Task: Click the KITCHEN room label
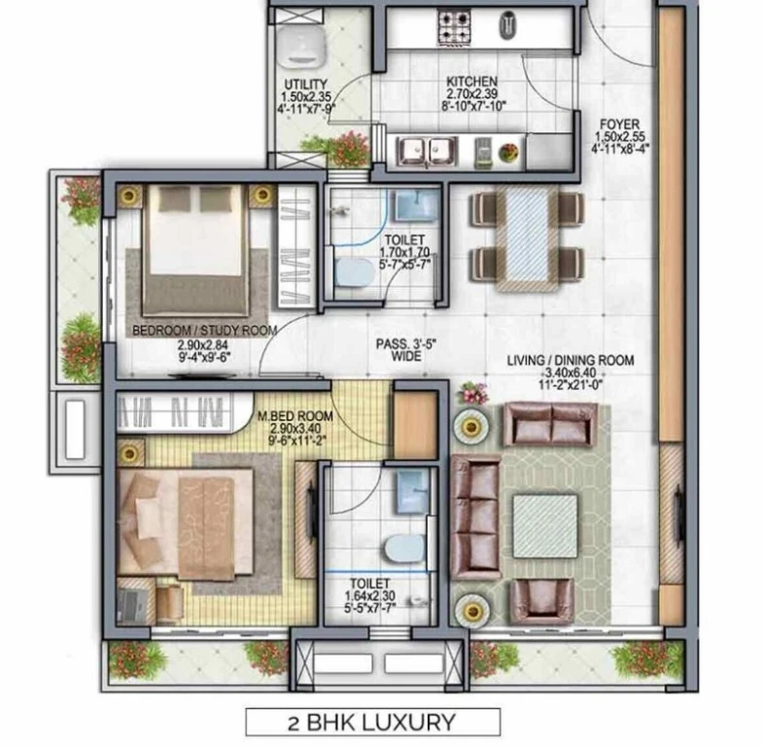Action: point(472,82)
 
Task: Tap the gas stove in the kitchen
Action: point(455,27)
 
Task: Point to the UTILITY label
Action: point(305,84)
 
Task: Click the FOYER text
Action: point(620,124)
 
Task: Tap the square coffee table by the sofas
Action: point(545,526)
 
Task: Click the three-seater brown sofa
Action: point(476,517)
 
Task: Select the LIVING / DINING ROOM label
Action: point(571,360)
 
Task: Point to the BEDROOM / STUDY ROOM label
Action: point(204,331)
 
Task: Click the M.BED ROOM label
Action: point(295,416)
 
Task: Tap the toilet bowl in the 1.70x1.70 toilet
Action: point(355,272)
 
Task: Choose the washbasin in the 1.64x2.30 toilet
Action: point(412,492)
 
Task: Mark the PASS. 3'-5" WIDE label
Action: point(406,350)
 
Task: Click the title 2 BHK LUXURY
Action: point(372,722)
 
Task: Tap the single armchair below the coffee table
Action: point(542,601)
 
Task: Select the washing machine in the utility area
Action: point(301,45)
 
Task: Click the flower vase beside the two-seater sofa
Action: point(472,393)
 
